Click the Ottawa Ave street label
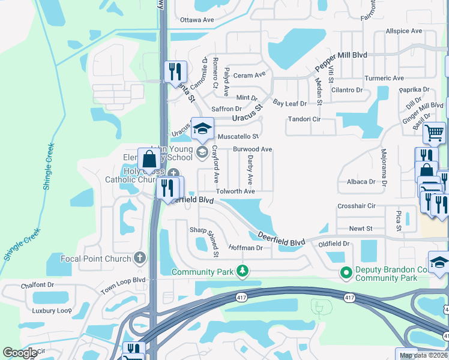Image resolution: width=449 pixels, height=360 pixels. click(197, 20)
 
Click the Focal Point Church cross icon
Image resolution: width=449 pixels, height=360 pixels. click(140, 259)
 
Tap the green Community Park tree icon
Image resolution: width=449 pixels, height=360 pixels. click(243, 272)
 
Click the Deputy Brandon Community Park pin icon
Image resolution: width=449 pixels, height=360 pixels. click(346, 273)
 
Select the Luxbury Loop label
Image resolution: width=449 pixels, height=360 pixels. click(52, 311)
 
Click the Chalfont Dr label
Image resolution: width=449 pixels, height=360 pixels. click(37, 286)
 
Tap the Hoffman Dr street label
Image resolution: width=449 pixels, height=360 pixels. click(246, 248)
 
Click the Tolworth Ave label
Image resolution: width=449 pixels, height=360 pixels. click(236, 191)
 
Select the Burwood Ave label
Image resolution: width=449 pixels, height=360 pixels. click(253, 149)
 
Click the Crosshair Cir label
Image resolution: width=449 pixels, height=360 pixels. click(357, 206)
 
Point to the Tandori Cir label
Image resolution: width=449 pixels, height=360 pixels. click(304, 119)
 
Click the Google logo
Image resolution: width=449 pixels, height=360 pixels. click(20, 353)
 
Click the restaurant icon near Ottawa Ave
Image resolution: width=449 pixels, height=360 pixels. click(175, 72)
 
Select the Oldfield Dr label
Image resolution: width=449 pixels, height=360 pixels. click(334, 244)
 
